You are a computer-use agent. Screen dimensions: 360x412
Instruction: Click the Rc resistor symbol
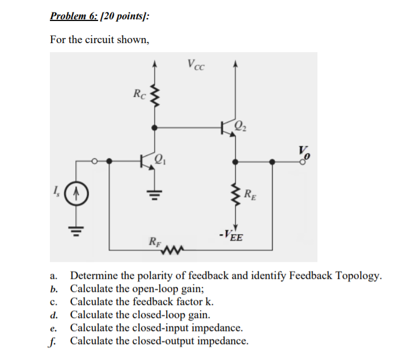click(152, 95)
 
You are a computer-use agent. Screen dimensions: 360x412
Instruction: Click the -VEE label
click(232, 236)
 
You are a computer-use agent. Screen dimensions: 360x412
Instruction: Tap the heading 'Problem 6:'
click(74, 16)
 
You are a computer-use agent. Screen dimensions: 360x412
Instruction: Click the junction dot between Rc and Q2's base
click(152, 126)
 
